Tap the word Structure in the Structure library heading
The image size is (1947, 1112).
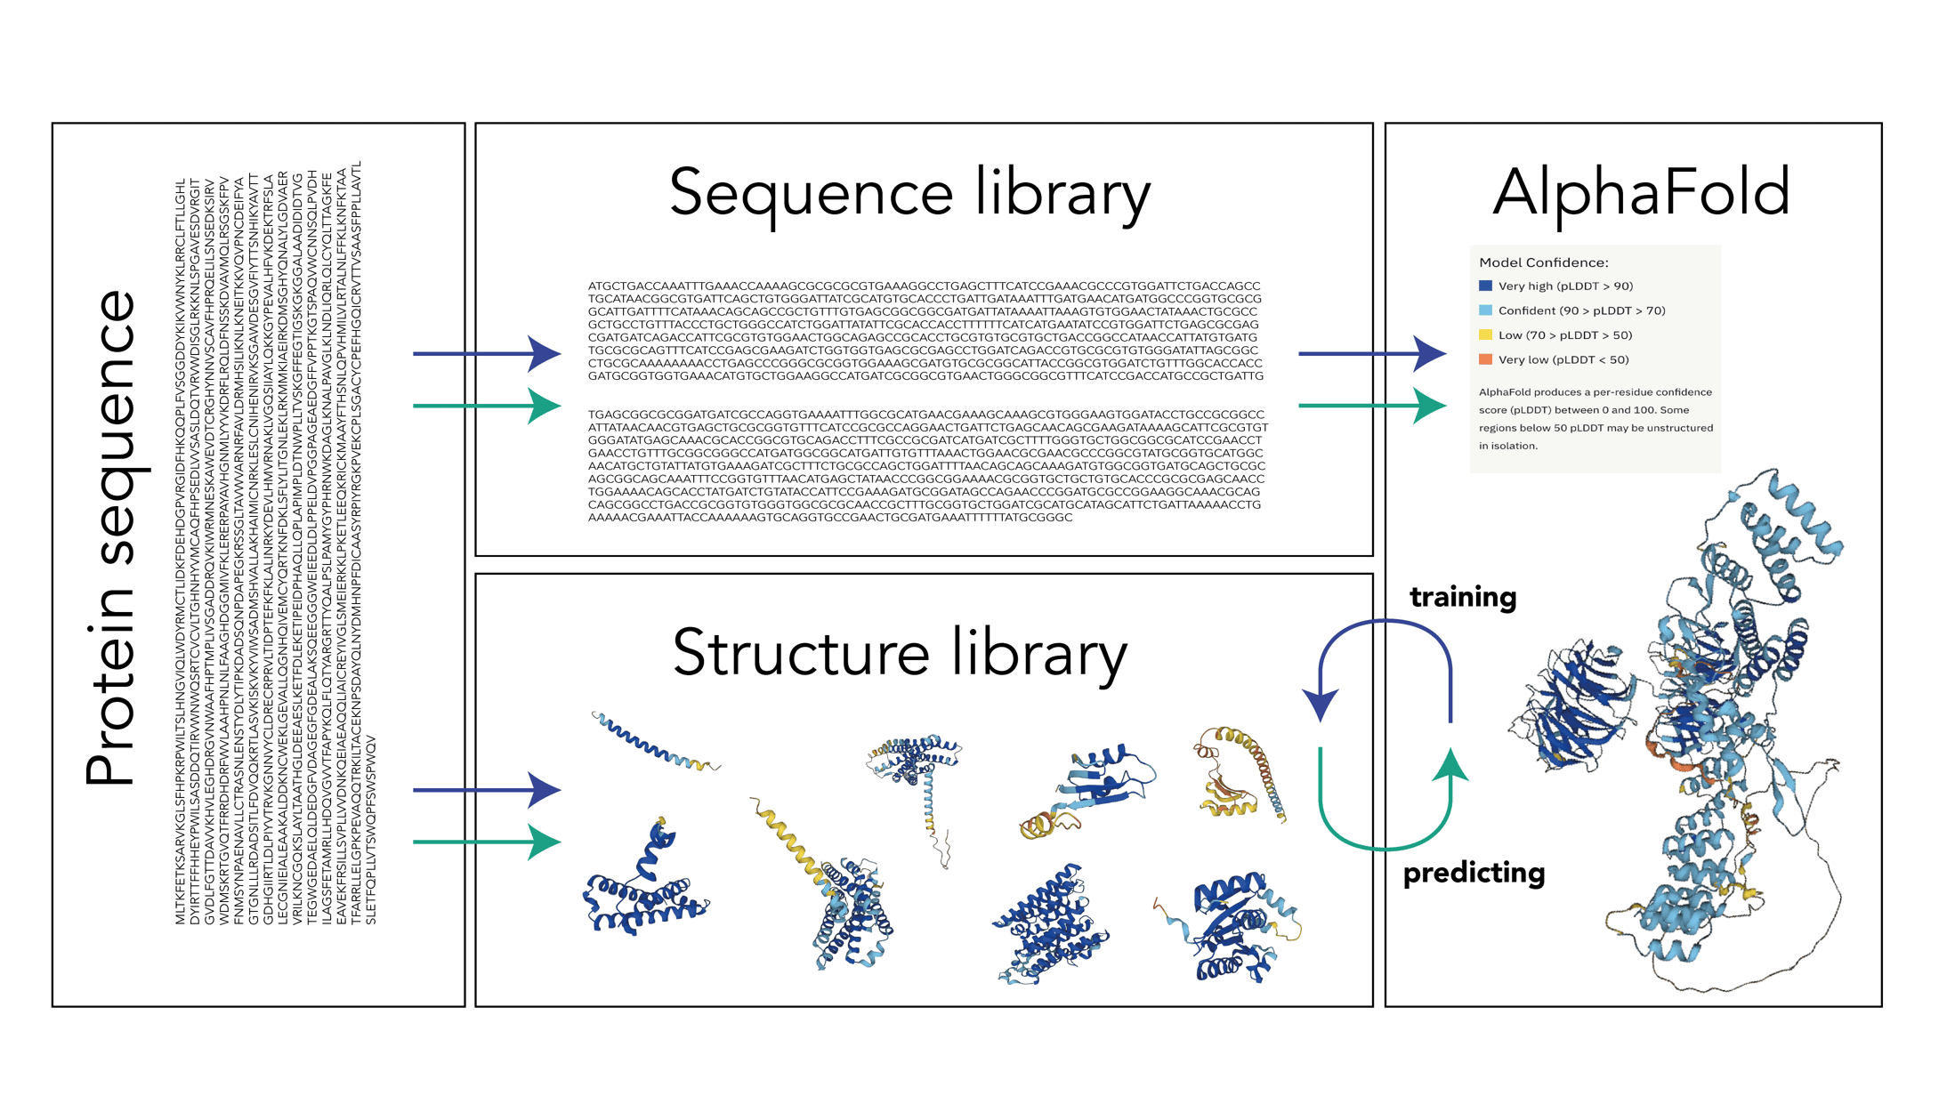801,653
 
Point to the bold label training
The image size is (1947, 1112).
1463,597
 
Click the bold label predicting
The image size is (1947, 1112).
1474,874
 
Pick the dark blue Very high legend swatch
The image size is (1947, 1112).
1485,286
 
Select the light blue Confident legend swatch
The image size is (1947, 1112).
1485,310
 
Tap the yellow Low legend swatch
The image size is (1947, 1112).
1485,335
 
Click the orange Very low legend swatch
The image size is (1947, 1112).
1485,359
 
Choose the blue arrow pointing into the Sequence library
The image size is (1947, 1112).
486,354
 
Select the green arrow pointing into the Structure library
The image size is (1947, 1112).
486,842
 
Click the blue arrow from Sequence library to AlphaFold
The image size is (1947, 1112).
1371,354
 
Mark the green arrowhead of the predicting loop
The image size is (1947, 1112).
1451,763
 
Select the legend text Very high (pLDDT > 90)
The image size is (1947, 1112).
1565,286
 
